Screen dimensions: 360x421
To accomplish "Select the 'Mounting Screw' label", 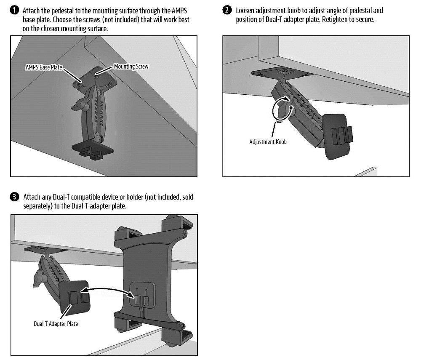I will click(131, 66).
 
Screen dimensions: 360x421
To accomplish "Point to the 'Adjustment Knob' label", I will click(268, 142).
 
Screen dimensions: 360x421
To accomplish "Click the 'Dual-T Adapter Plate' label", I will click(56, 324).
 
